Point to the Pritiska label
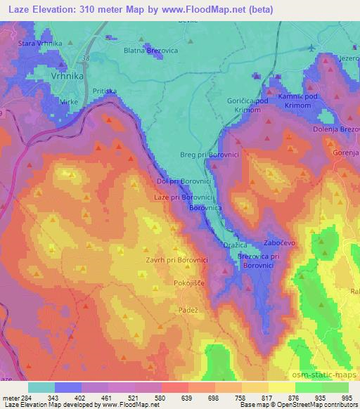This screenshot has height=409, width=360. click(x=104, y=91)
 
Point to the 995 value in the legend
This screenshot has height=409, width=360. click(x=346, y=397)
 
